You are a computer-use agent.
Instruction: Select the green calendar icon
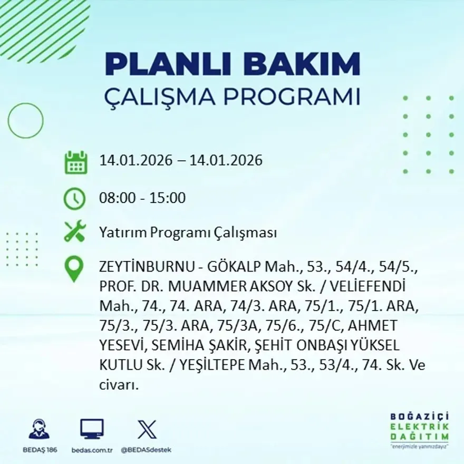[x=75, y=162]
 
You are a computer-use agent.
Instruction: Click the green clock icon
[x=74, y=199]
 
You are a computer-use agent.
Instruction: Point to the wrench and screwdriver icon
[x=74, y=231]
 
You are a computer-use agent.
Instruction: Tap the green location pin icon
[x=74, y=268]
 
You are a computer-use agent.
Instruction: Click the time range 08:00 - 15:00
[x=142, y=198]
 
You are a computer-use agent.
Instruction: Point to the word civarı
[x=119, y=384]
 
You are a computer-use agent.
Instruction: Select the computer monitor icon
[x=92, y=429]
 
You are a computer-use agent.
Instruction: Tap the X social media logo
[x=147, y=429]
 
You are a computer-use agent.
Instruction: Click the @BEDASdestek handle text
[x=146, y=450]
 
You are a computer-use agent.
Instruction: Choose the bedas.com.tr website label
[x=92, y=450]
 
